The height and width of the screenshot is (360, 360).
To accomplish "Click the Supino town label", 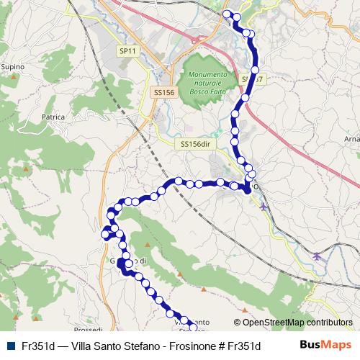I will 14,67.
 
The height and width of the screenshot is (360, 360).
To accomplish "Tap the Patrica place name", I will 53,117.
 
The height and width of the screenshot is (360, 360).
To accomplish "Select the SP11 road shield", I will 127,51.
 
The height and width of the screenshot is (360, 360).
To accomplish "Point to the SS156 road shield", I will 164,92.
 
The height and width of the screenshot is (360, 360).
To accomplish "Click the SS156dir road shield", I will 194,144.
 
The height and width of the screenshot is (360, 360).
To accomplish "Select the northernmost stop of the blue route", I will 228,14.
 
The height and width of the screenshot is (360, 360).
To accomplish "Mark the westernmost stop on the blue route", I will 105,234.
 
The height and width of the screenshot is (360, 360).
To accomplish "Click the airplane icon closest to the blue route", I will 264,207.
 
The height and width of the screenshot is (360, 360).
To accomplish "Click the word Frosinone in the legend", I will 191,346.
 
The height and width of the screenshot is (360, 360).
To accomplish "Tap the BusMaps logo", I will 326,345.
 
